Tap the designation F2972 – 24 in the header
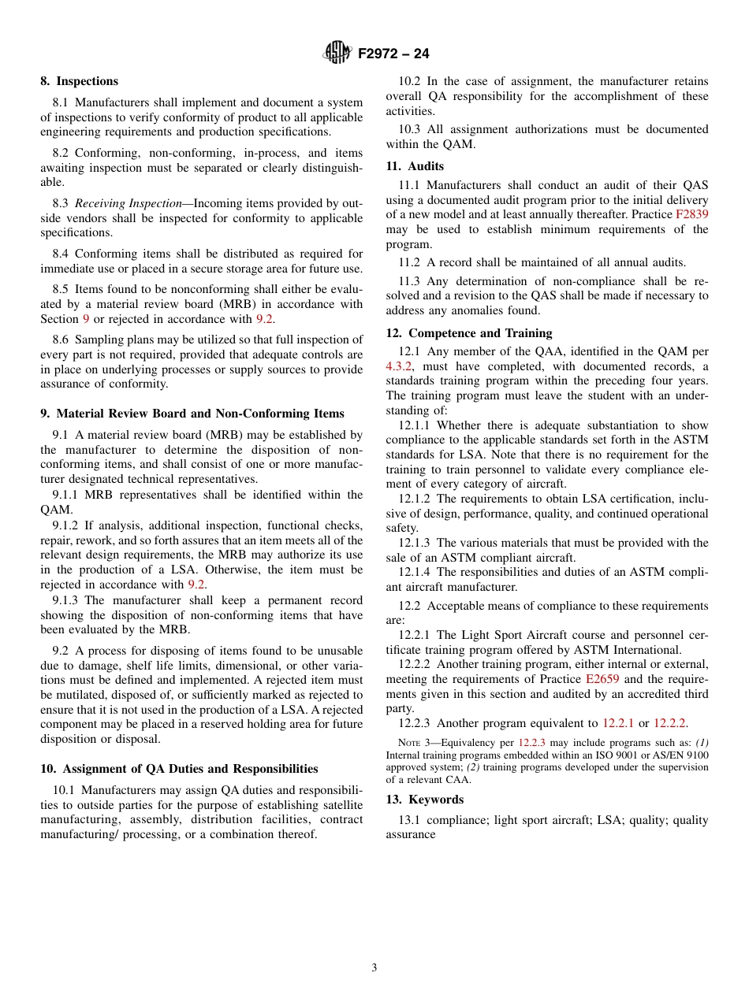[393, 54]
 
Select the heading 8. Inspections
[79, 81]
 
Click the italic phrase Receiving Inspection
[129, 203]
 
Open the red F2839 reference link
[691, 214]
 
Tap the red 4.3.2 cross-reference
[399, 366]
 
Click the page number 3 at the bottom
[374, 967]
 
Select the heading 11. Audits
[415, 166]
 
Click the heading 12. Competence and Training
[469, 333]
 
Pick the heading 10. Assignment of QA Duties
[179, 769]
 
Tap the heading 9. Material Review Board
[192, 414]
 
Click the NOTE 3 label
[414, 742]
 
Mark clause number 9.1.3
[66, 600]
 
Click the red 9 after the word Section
[86, 319]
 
